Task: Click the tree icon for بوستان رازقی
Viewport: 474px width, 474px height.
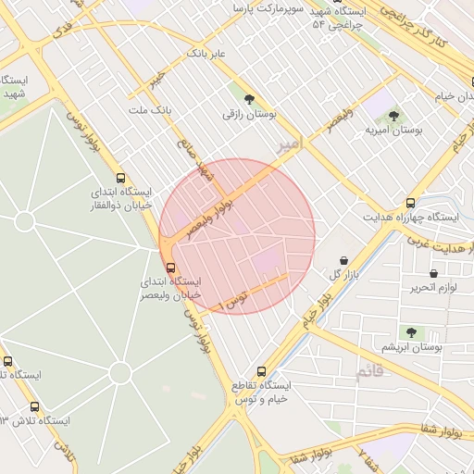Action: [248, 98]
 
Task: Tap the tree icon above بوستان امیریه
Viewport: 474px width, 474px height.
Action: [394, 116]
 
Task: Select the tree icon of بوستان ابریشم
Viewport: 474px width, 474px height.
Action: [411, 331]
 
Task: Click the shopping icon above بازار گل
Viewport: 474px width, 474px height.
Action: [344, 261]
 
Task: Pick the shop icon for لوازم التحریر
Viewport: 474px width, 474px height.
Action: [434, 273]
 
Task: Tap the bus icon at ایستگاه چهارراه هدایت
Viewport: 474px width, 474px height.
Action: [411, 203]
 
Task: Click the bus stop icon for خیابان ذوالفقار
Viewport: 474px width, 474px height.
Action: [120, 178]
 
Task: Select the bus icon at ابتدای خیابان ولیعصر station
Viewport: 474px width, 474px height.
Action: [168, 268]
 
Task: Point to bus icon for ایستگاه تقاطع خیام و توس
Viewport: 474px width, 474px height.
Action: [261, 371]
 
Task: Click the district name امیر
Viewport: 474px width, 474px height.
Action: [289, 144]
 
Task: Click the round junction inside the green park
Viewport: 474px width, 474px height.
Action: [119, 372]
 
